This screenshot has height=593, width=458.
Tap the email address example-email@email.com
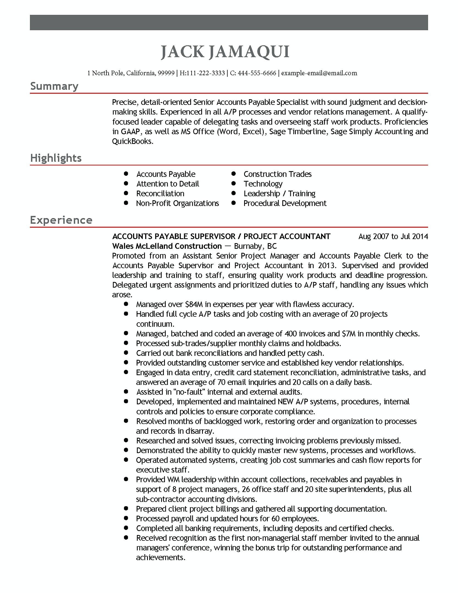tap(319, 73)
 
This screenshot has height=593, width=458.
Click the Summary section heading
tap(54, 86)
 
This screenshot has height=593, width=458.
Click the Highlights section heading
tap(56, 158)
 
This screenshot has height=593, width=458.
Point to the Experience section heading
tap(61, 220)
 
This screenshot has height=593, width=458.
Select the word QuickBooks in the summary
tap(132, 141)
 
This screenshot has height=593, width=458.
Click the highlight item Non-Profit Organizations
tap(177, 203)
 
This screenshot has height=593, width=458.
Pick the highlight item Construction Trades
tap(277, 174)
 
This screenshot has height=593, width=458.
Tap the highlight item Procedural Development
tap(285, 203)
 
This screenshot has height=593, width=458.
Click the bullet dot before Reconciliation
tap(126, 193)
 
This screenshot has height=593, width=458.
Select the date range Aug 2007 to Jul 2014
tap(393, 236)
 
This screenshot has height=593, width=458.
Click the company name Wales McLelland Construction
tap(167, 246)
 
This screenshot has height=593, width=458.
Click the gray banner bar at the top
tap(229, 23)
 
